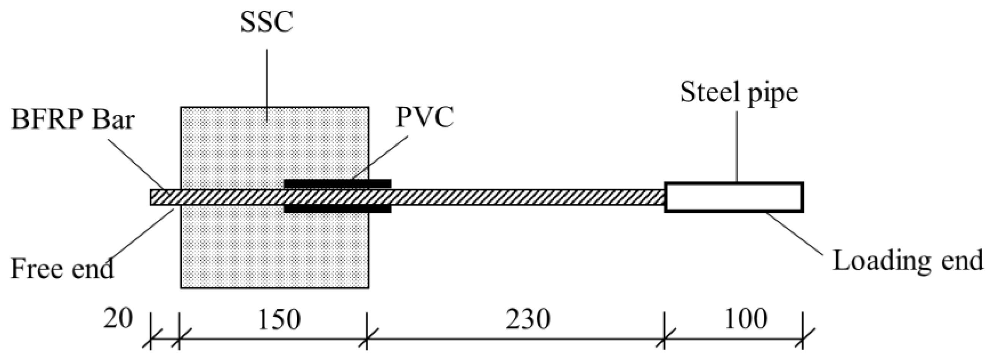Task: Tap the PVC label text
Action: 425,117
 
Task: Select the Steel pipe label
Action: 739,93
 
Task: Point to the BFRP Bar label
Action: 73,120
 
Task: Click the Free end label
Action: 62,268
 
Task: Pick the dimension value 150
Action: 279,320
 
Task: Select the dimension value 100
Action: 746,320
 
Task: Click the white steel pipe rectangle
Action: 734,197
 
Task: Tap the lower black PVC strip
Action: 338,209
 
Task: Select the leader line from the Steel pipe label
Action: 737,146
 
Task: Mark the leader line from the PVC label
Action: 379,158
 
